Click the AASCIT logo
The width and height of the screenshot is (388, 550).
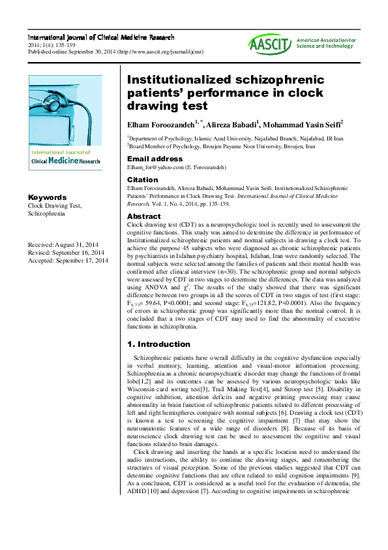(269, 43)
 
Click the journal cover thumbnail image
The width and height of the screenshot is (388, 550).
(65, 122)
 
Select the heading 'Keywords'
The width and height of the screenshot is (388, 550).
(47, 197)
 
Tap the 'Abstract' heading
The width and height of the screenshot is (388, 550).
(143, 216)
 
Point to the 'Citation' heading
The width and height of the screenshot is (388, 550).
(142, 180)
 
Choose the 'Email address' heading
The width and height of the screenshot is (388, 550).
(155, 159)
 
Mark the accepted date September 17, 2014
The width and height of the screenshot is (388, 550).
(82, 261)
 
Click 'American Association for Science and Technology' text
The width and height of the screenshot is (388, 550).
(326, 43)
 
